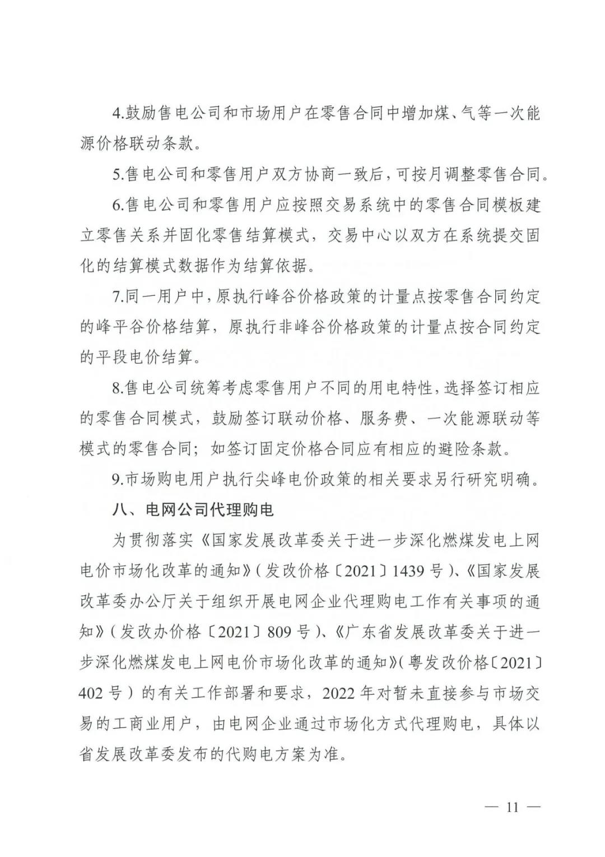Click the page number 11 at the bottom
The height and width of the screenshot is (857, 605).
[513, 808]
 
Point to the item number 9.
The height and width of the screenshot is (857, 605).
[118, 480]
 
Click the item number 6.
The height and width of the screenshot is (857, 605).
[118, 205]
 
